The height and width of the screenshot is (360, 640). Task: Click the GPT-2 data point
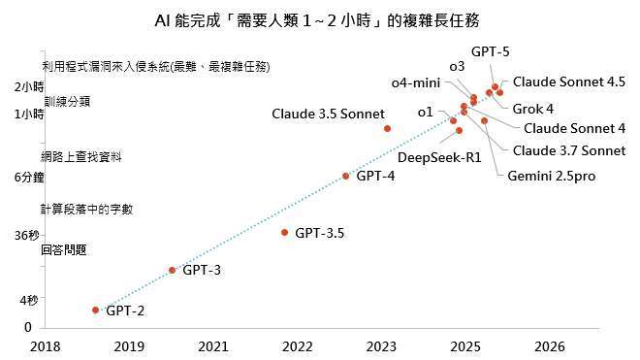[95, 310]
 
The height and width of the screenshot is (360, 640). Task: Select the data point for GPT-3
[172, 270]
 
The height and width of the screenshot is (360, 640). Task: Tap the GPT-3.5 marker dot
[284, 232]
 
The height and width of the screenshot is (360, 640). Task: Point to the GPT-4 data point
[345, 176]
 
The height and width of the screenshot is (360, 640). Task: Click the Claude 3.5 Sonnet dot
[387, 128]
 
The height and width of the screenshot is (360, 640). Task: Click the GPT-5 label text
[490, 52]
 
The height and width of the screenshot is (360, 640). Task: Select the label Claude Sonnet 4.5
[568, 82]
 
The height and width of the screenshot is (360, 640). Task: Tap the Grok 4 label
[532, 108]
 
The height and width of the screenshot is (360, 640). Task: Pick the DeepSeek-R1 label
[440, 157]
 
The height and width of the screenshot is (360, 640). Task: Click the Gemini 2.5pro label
[551, 176]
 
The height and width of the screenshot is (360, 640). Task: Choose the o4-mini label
[416, 83]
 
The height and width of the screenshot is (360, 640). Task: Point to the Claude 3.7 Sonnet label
[568, 150]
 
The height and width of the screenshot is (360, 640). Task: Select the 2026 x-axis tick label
[549, 345]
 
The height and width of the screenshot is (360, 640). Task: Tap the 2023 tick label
[381, 345]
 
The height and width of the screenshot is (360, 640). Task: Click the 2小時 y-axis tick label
[29, 87]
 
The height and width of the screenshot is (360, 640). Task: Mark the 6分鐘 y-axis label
[29, 178]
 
